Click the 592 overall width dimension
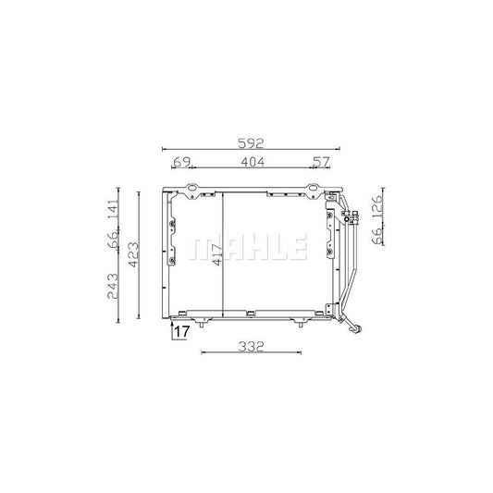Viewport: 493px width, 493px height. pyautogui.click(x=252, y=144)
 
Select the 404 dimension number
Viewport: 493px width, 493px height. pyautogui.click(x=253, y=163)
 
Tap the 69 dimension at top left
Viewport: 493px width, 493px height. pyautogui.click(x=182, y=163)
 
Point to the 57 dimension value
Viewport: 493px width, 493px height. pyautogui.click(x=320, y=163)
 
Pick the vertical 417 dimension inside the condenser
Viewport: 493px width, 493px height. pyautogui.click(x=216, y=261)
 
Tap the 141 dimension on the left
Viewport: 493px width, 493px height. pyautogui.click(x=112, y=213)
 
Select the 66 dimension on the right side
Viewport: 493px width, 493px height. pyautogui.click(x=377, y=234)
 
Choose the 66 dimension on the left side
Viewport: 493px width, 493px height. pyautogui.click(x=112, y=240)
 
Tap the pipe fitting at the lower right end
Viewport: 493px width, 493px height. pyautogui.click(x=351, y=326)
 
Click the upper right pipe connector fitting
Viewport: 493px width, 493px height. pyautogui.click(x=351, y=218)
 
